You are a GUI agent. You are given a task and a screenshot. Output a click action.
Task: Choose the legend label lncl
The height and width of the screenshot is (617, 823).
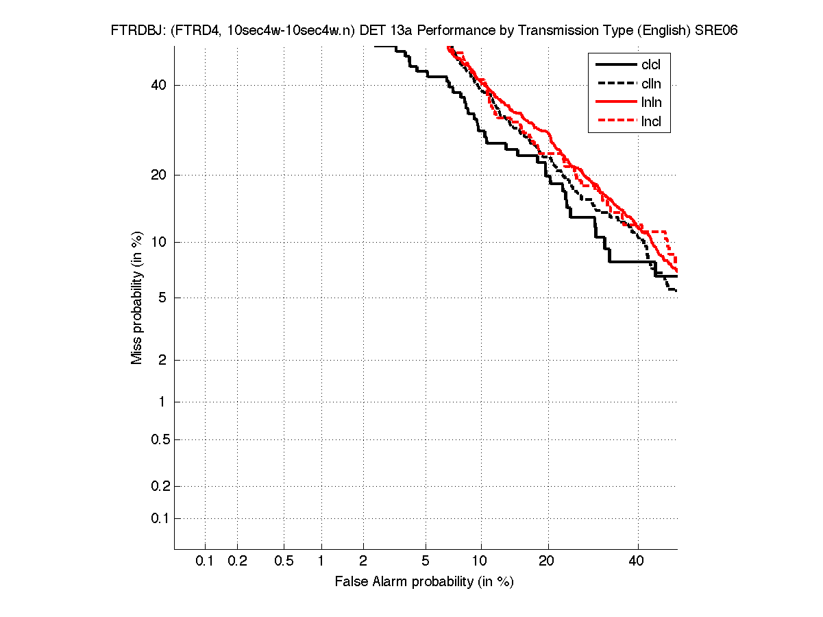pyautogui.click(x=651, y=123)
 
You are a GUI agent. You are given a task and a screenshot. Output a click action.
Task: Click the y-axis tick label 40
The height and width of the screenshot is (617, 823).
pyautogui.click(x=158, y=85)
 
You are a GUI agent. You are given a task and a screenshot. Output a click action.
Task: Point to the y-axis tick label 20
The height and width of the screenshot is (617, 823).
pyautogui.click(x=158, y=175)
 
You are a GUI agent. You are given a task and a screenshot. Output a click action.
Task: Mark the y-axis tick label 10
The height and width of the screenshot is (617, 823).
pyautogui.click(x=158, y=242)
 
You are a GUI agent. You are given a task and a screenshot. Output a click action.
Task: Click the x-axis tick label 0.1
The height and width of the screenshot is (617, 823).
pyautogui.click(x=205, y=561)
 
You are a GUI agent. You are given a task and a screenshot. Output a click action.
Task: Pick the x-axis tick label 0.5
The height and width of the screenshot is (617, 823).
pyautogui.click(x=284, y=561)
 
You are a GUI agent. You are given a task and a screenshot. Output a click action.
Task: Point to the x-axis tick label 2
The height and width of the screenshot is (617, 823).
pyautogui.click(x=363, y=561)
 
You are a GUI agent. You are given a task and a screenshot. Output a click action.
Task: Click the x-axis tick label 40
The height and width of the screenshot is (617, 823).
pyautogui.click(x=637, y=561)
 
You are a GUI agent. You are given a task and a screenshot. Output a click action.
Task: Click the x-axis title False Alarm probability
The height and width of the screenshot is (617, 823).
pyautogui.click(x=424, y=582)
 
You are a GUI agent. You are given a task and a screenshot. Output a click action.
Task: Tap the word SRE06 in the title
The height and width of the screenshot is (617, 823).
pyautogui.click(x=716, y=31)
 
